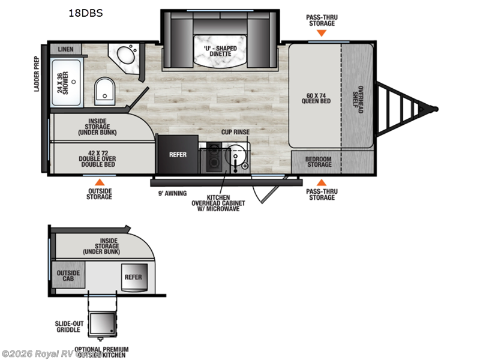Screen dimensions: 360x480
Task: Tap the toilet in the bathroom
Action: (x=105, y=91)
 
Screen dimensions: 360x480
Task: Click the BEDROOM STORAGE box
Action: (x=318, y=161)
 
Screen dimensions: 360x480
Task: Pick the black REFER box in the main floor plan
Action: (x=178, y=155)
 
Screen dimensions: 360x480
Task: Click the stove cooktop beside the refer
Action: (x=213, y=158)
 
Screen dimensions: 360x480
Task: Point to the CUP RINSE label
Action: (x=235, y=131)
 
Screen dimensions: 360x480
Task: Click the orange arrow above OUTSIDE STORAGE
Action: (x=100, y=182)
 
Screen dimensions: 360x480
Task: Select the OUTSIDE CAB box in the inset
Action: (x=64, y=277)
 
